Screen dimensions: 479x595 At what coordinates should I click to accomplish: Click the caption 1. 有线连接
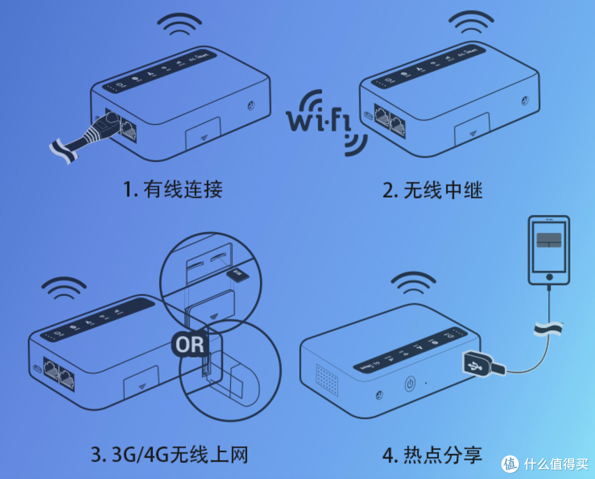click(172, 190)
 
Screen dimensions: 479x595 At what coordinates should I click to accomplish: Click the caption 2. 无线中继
click(432, 190)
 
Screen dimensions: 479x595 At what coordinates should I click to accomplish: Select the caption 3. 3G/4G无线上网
click(169, 455)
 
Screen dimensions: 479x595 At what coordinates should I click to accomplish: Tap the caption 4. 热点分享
click(432, 455)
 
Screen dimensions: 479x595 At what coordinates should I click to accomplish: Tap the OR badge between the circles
click(189, 345)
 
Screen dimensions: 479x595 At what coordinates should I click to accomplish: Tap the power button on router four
click(409, 384)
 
